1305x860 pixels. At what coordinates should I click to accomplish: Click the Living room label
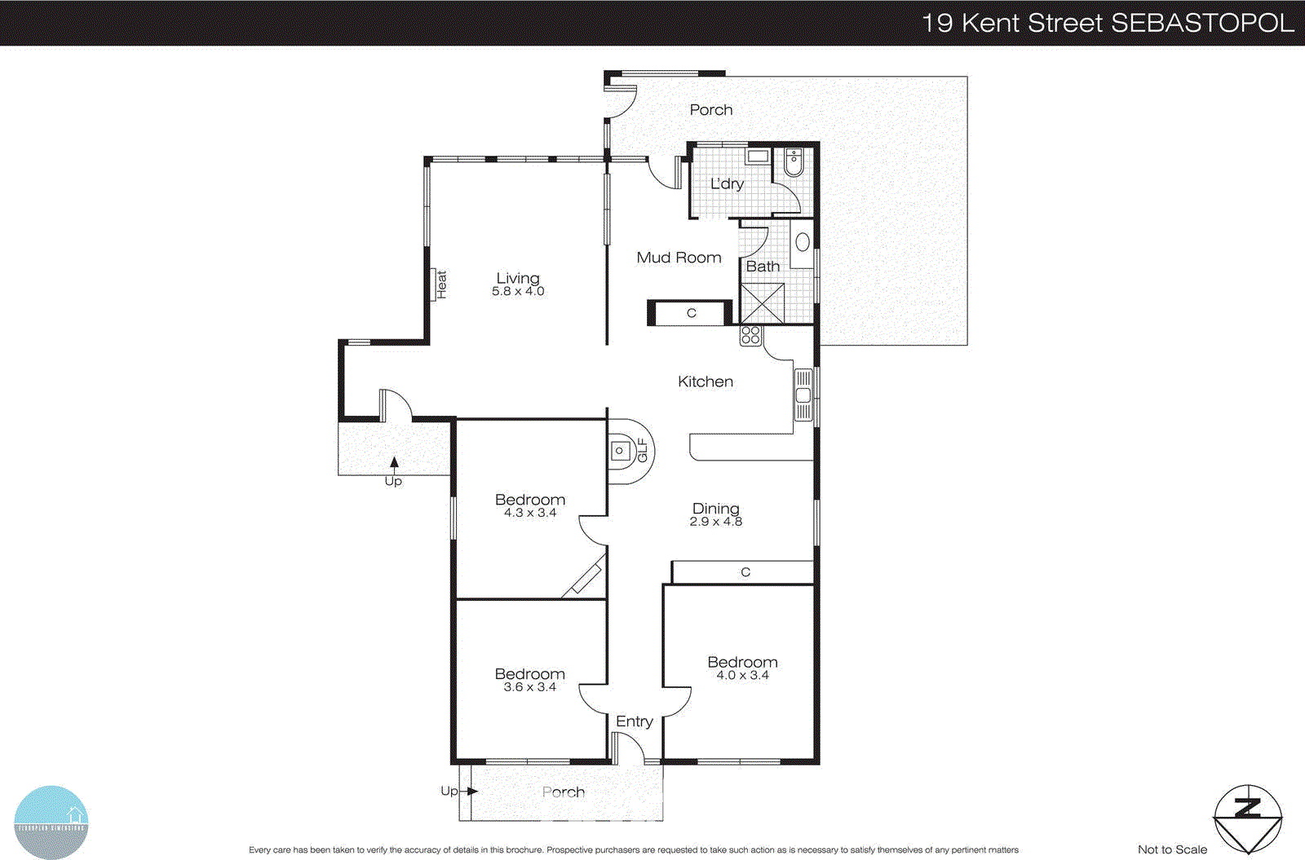[518, 279]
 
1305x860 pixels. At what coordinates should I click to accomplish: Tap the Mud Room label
[679, 258]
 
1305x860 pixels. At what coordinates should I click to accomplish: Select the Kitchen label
[706, 381]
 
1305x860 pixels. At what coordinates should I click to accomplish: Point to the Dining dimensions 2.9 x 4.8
[716, 522]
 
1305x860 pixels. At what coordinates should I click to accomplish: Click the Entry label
[634, 721]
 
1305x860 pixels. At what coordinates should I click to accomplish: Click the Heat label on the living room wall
[441, 284]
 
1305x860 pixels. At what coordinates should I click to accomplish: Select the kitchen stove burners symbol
[750, 334]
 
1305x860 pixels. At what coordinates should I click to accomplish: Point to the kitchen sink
[803, 395]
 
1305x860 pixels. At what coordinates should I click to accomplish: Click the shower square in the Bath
[762, 303]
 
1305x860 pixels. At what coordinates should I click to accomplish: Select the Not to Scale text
[1172, 849]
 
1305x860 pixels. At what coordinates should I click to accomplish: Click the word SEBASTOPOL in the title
[1202, 23]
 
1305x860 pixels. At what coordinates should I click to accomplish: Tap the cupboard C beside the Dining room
[745, 572]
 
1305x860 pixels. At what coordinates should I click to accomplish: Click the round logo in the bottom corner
[51, 822]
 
